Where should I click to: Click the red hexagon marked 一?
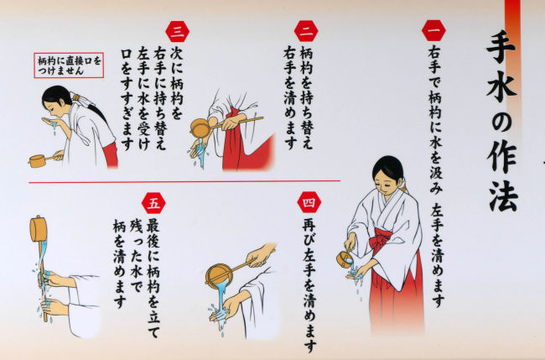click(433, 30)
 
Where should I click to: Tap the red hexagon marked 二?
click(306, 31)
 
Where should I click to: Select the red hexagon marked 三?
click(177, 31)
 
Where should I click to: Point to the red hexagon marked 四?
click(309, 202)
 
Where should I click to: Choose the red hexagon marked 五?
click(153, 203)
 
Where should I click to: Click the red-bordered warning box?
click(69, 65)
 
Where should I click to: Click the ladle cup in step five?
click(39, 228)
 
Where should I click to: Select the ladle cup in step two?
click(201, 128)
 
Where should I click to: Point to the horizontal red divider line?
click(184, 181)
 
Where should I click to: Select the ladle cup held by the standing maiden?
click(344, 259)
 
